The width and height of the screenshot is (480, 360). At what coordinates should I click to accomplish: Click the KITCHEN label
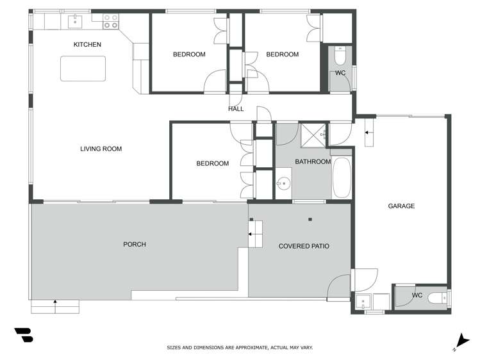pos(87,45)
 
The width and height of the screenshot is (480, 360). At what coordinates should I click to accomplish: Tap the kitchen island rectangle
pos(83,69)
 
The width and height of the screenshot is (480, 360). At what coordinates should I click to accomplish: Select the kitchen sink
pos(75,21)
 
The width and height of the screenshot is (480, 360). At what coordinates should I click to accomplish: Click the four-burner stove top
pos(110,21)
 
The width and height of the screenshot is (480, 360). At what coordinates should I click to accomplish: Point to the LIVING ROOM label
pos(101,149)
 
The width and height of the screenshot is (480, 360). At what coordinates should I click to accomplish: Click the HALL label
pos(236,109)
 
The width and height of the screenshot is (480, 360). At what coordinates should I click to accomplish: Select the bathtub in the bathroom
pos(342,177)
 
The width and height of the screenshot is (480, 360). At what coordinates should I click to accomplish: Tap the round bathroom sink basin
pos(284,183)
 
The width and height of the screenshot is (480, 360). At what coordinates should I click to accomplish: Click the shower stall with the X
pos(314,135)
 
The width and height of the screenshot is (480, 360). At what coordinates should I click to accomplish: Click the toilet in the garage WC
pos(438,298)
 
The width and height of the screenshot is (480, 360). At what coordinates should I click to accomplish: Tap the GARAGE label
pos(401,206)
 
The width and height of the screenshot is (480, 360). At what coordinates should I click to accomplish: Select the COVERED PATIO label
pos(304,246)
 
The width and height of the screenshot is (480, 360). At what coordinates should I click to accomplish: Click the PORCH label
pos(135,245)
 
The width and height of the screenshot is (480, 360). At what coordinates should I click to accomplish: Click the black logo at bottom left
pos(24,335)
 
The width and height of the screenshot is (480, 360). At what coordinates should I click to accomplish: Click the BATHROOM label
pos(313,162)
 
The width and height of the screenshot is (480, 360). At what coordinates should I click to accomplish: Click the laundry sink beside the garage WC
pos(363,302)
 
